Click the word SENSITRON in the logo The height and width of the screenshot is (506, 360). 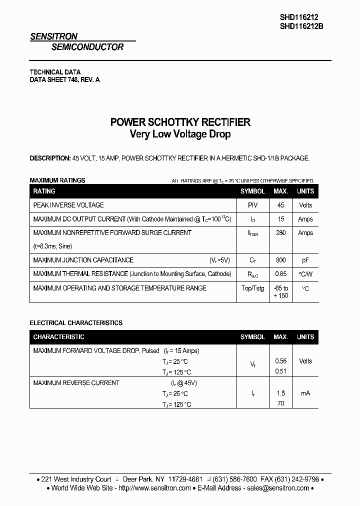click(53, 36)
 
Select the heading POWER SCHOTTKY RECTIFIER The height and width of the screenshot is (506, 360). click(180, 122)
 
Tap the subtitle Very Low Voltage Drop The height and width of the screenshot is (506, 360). click(180, 134)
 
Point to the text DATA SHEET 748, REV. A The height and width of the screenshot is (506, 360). click(64, 80)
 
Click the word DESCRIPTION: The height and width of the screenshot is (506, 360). click(50, 158)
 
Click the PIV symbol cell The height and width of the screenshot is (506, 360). click(252, 205)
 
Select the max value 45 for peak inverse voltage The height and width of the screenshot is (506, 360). click(280, 205)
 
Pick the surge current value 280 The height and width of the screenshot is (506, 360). click(280, 233)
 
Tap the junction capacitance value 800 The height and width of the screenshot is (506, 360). click(280, 260)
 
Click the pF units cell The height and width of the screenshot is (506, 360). click(305, 260)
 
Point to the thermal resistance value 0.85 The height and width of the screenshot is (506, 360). click(280, 274)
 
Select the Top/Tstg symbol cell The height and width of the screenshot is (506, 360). click(252, 288)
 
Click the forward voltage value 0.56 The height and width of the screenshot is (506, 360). click(280, 361)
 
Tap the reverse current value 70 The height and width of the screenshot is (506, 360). click(280, 403)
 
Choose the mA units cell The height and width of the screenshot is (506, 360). click(305, 393)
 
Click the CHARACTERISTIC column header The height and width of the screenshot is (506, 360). click(58, 337)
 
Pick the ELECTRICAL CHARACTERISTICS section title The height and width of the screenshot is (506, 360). click(76, 323)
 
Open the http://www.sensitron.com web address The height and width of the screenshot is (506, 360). click(154, 488)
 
